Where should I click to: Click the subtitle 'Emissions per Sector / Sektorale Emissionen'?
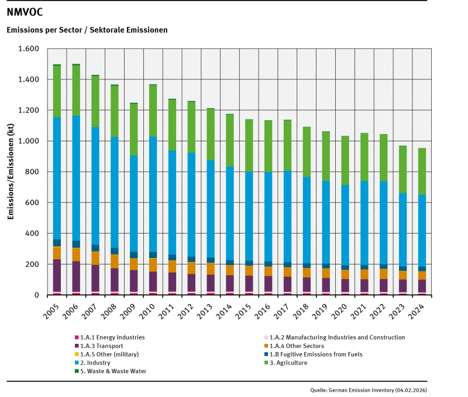point(87,29)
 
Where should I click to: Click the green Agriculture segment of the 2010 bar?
point(153,111)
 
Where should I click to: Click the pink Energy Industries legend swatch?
point(77,337)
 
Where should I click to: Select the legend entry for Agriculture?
point(287,363)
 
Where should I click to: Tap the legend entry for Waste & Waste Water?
point(111,371)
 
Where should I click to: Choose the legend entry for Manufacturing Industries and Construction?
point(333,337)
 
